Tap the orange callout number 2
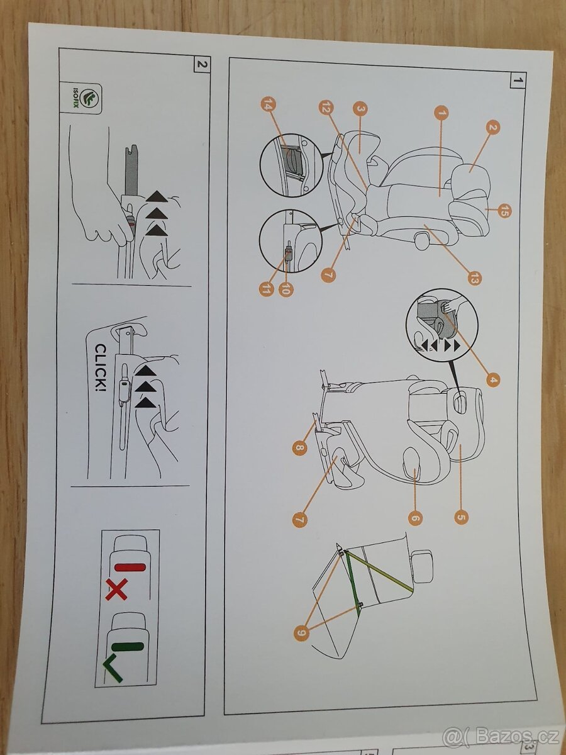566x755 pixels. pos(493,128)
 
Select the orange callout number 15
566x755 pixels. pos(503,211)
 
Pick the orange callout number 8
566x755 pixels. pos(299,448)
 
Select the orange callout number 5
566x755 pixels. pos(461,517)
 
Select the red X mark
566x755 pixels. pos(116,590)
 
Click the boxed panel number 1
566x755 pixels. pos(518,80)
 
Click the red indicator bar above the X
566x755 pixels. pos(130,567)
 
